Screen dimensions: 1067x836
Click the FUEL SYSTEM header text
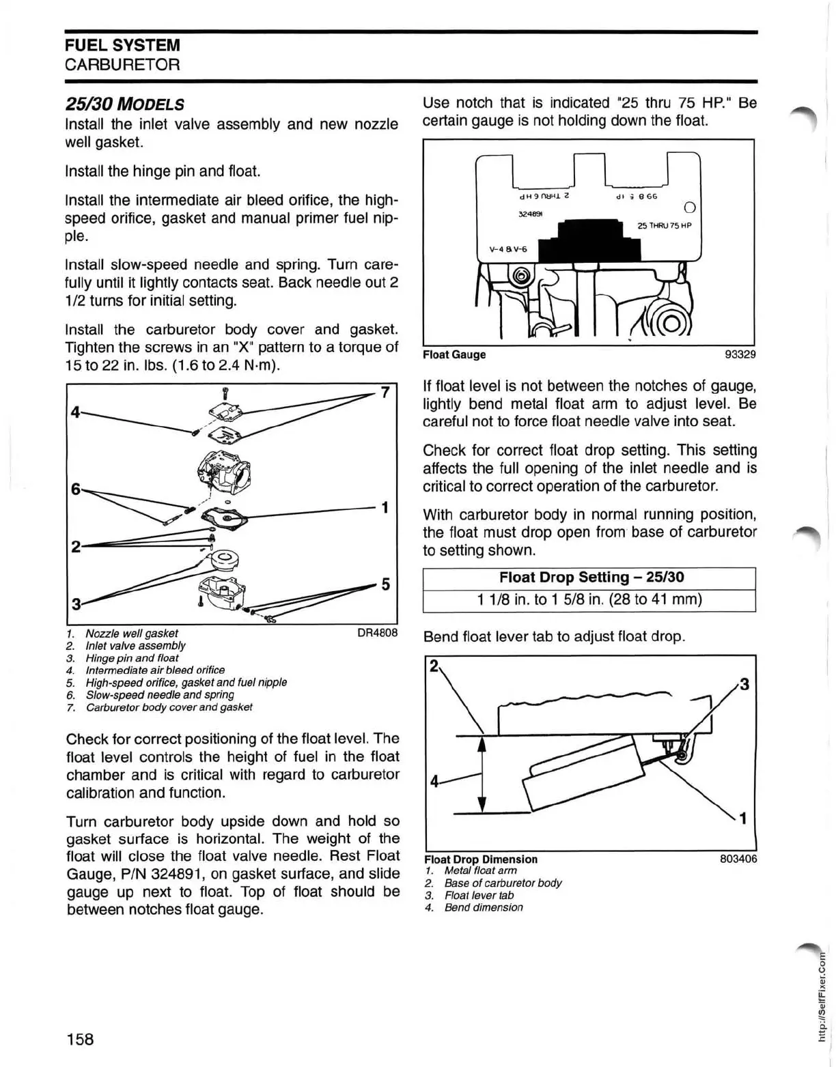(x=123, y=46)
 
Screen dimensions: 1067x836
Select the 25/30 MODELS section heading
(x=124, y=104)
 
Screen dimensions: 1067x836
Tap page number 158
(x=81, y=1039)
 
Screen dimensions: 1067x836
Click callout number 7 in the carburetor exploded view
(x=385, y=393)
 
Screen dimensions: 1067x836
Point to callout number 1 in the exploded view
(x=385, y=507)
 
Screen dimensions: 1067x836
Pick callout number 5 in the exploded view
(x=385, y=584)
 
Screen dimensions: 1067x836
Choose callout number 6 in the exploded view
(x=76, y=489)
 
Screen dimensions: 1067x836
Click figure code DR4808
(x=377, y=633)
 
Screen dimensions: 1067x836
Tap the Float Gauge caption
(x=454, y=354)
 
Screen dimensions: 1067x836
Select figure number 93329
(x=740, y=354)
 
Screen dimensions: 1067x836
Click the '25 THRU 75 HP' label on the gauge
(x=664, y=226)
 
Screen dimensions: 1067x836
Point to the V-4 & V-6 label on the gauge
(x=508, y=249)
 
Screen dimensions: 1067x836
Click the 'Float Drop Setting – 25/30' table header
(x=591, y=578)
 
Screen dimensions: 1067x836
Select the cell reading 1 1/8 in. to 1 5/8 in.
(x=591, y=599)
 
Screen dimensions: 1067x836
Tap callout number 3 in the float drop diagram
(x=744, y=684)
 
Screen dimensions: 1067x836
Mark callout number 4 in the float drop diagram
(x=434, y=782)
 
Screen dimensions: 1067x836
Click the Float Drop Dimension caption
(x=481, y=859)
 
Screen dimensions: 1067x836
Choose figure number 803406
(x=738, y=859)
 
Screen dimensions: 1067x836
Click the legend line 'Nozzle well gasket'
(x=131, y=634)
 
